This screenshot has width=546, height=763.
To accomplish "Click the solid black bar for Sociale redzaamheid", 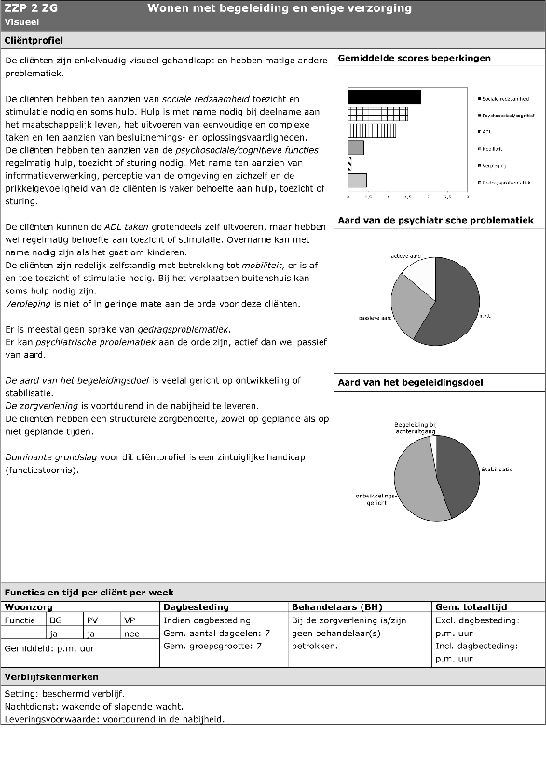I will pos(383,97).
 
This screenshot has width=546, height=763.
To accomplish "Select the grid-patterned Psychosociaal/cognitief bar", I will pos(376,114).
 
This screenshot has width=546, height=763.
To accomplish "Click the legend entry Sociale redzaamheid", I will pos(507,98).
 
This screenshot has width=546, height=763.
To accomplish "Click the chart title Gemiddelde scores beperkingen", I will pos(414,59).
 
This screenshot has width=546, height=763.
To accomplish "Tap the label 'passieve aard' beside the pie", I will pos(375,318).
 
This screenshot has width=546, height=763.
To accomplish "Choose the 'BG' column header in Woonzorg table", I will pos(56,620).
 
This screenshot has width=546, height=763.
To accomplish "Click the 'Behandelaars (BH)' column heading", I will pos(331,606).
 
